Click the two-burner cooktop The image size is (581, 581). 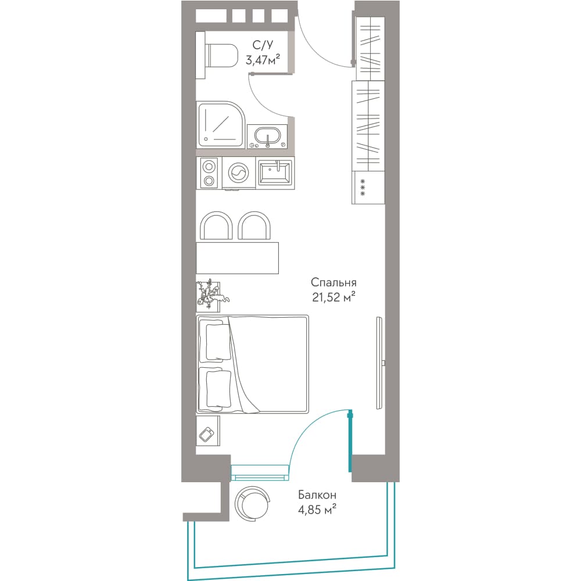209,173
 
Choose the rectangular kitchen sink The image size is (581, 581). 275,173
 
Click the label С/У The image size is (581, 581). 263,45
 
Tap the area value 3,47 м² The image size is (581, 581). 263,59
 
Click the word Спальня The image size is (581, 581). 333,283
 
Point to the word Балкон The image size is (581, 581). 317,495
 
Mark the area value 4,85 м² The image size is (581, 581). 317,510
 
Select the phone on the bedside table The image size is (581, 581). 206,434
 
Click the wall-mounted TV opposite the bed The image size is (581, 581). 379,363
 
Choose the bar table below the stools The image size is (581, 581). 237,258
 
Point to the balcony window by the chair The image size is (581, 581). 259,472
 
